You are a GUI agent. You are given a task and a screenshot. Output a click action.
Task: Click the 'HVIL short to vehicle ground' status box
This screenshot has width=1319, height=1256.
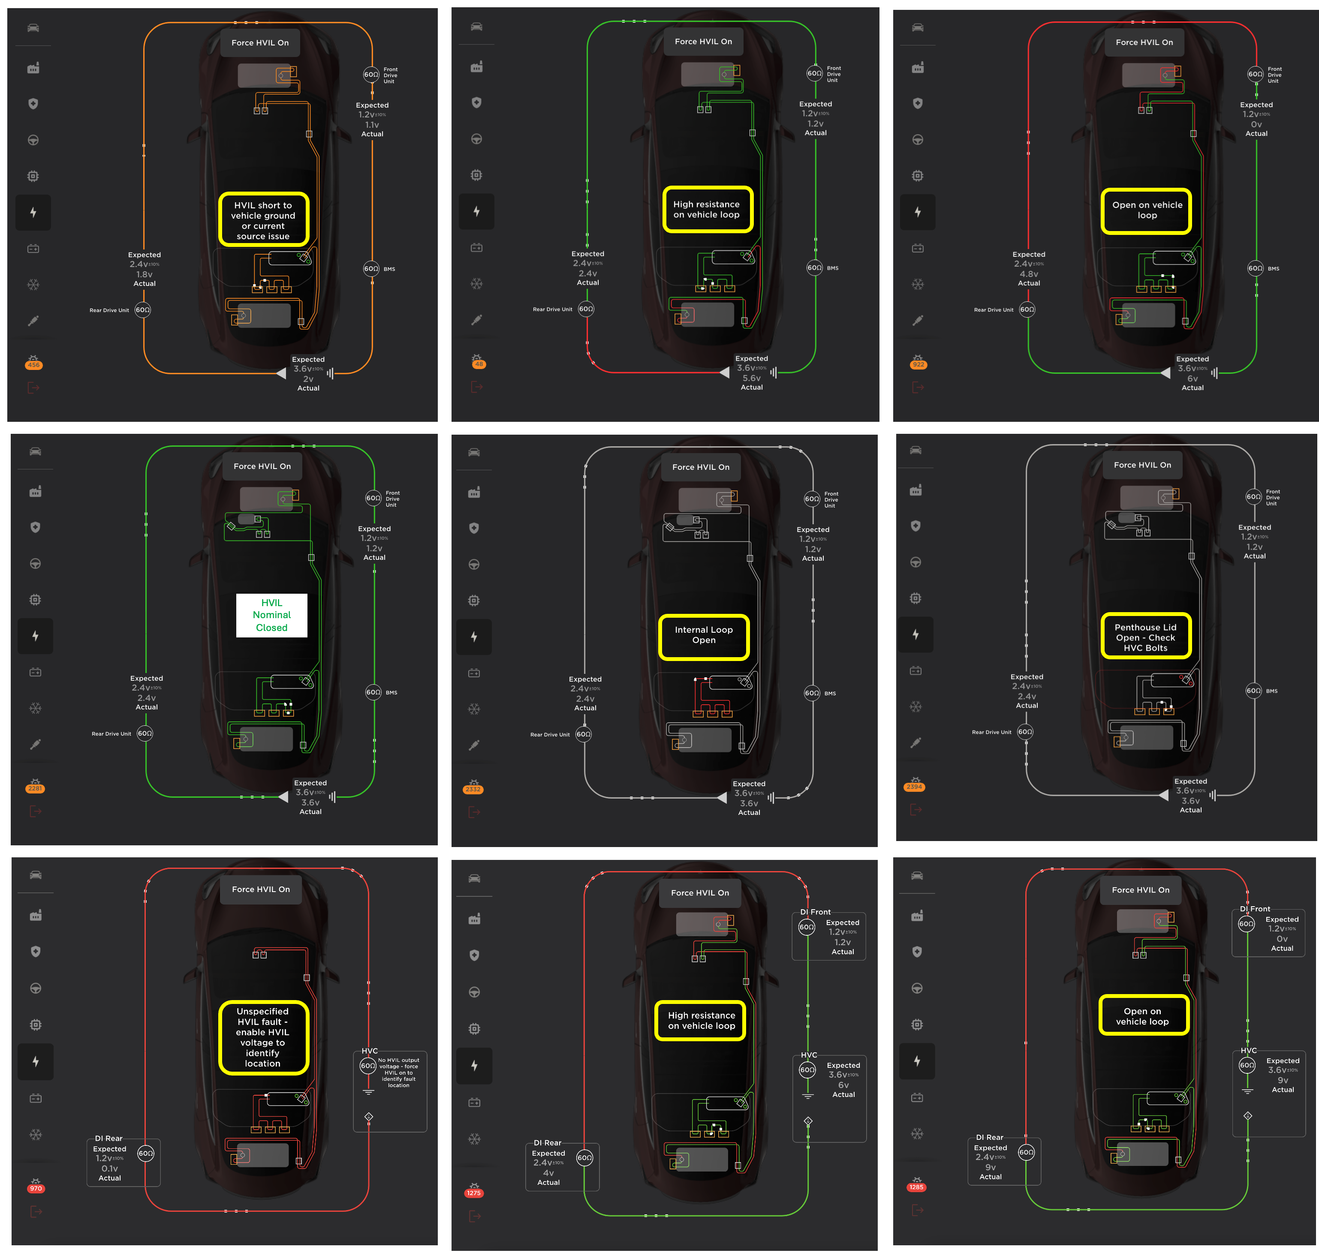(x=263, y=219)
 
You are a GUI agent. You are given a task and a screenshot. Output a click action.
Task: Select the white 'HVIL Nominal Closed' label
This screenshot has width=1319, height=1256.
(x=272, y=615)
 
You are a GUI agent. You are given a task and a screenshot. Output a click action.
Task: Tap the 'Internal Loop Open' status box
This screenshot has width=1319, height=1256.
(x=704, y=636)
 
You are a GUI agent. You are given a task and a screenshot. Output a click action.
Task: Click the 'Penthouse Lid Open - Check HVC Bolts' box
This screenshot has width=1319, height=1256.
(x=1146, y=637)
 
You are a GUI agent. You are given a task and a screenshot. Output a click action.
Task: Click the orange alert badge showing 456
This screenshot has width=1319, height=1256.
(x=33, y=365)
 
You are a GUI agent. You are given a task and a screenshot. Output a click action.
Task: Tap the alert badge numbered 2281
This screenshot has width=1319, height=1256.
(x=35, y=789)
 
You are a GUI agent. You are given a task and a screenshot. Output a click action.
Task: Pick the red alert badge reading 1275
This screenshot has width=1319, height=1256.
(x=474, y=1193)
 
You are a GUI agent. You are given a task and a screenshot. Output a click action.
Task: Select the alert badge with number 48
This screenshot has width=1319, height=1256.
(x=479, y=364)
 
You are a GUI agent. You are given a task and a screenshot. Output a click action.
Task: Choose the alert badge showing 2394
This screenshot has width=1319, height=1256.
(x=914, y=787)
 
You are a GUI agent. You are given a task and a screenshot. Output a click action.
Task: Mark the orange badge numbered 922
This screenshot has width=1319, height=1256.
(x=918, y=364)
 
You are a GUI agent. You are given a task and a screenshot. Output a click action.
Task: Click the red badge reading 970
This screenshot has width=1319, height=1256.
(x=36, y=1188)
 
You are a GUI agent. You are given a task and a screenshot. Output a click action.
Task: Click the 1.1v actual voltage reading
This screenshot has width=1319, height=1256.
(x=372, y=125)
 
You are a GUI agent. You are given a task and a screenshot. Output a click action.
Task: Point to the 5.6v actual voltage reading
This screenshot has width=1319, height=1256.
(x=752, y=378)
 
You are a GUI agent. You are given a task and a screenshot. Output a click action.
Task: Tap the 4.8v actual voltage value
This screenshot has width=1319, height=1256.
(x=1029, y=274)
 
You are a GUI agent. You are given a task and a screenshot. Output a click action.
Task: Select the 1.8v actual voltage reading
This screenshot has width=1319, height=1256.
(x=145, y=274)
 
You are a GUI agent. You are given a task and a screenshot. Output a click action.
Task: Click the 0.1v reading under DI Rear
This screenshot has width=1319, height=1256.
(x=110, y=1168)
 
